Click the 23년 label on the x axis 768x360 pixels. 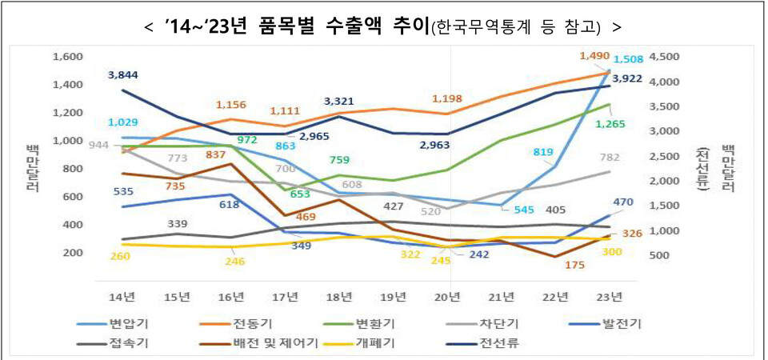[x=610, y=297]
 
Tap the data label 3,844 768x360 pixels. [x=123, y=74]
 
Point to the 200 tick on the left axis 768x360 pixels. [x=73, y=253]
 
